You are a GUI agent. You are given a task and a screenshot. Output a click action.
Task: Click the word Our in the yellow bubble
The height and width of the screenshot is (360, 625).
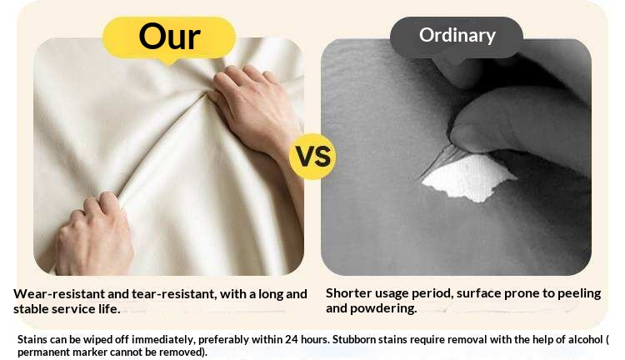point(169,37)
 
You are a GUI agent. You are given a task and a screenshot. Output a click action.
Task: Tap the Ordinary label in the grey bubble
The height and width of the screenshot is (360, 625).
point(457,36)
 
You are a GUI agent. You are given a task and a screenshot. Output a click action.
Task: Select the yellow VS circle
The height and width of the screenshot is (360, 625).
point(312,157)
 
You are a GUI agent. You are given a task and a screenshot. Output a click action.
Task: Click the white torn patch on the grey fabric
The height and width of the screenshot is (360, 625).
point(468,177)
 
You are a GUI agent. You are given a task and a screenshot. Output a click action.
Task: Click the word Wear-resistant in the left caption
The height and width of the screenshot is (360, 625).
point(59,294)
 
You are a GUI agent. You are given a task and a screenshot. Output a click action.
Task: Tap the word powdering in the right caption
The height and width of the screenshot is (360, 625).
point(383,308)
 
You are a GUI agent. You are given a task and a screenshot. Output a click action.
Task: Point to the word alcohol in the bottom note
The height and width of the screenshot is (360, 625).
point(585,340)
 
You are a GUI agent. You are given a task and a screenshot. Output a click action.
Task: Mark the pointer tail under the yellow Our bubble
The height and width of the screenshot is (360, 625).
point(169,62)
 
